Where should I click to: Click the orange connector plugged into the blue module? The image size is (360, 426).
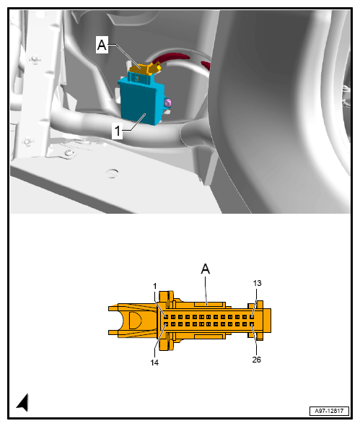[145, 69]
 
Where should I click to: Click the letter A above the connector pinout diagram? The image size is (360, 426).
[206, 269]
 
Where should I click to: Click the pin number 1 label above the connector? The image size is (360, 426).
[154, 287]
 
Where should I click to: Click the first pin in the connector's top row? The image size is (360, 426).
[165, 316]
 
